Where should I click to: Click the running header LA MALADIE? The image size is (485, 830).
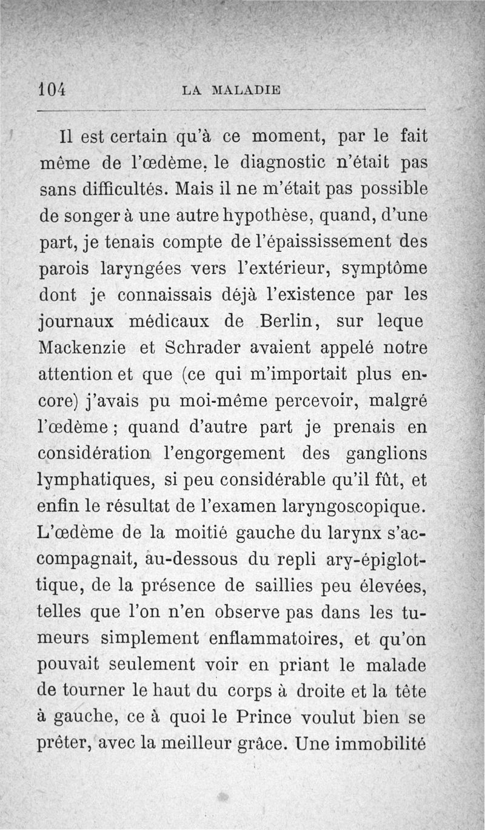[232, 91]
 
